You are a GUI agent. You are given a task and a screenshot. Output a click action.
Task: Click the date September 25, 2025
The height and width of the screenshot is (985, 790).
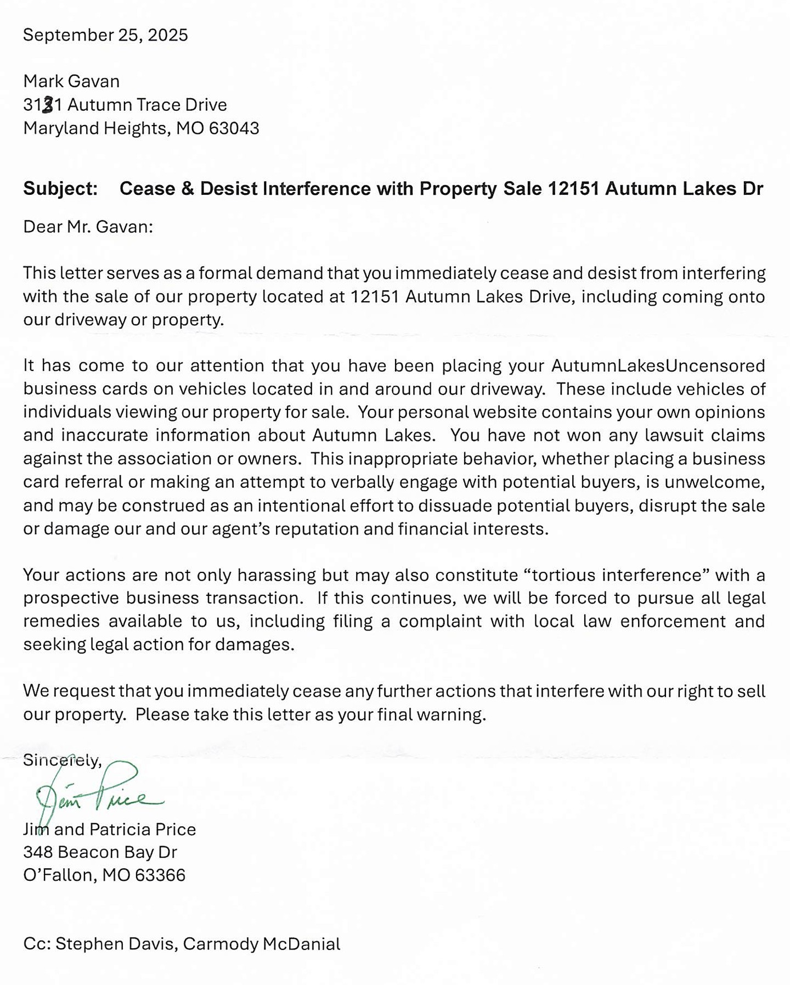(105, 35)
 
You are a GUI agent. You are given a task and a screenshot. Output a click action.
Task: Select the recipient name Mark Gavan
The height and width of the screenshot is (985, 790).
(71, 81)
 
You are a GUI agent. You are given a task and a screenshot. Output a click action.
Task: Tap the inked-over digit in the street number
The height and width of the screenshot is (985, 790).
(48, 104)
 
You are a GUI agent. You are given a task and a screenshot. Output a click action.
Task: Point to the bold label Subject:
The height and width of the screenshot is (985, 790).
(60, 189)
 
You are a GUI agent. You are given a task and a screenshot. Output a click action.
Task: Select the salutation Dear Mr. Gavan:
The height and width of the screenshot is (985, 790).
(88, 227)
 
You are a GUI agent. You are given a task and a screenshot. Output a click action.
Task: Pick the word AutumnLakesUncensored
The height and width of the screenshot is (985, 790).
(658, 365)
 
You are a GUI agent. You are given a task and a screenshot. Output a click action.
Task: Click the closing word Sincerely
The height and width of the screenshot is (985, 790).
(61, 760)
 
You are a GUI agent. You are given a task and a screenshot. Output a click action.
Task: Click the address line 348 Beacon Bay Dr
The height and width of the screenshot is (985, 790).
(100, 852)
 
